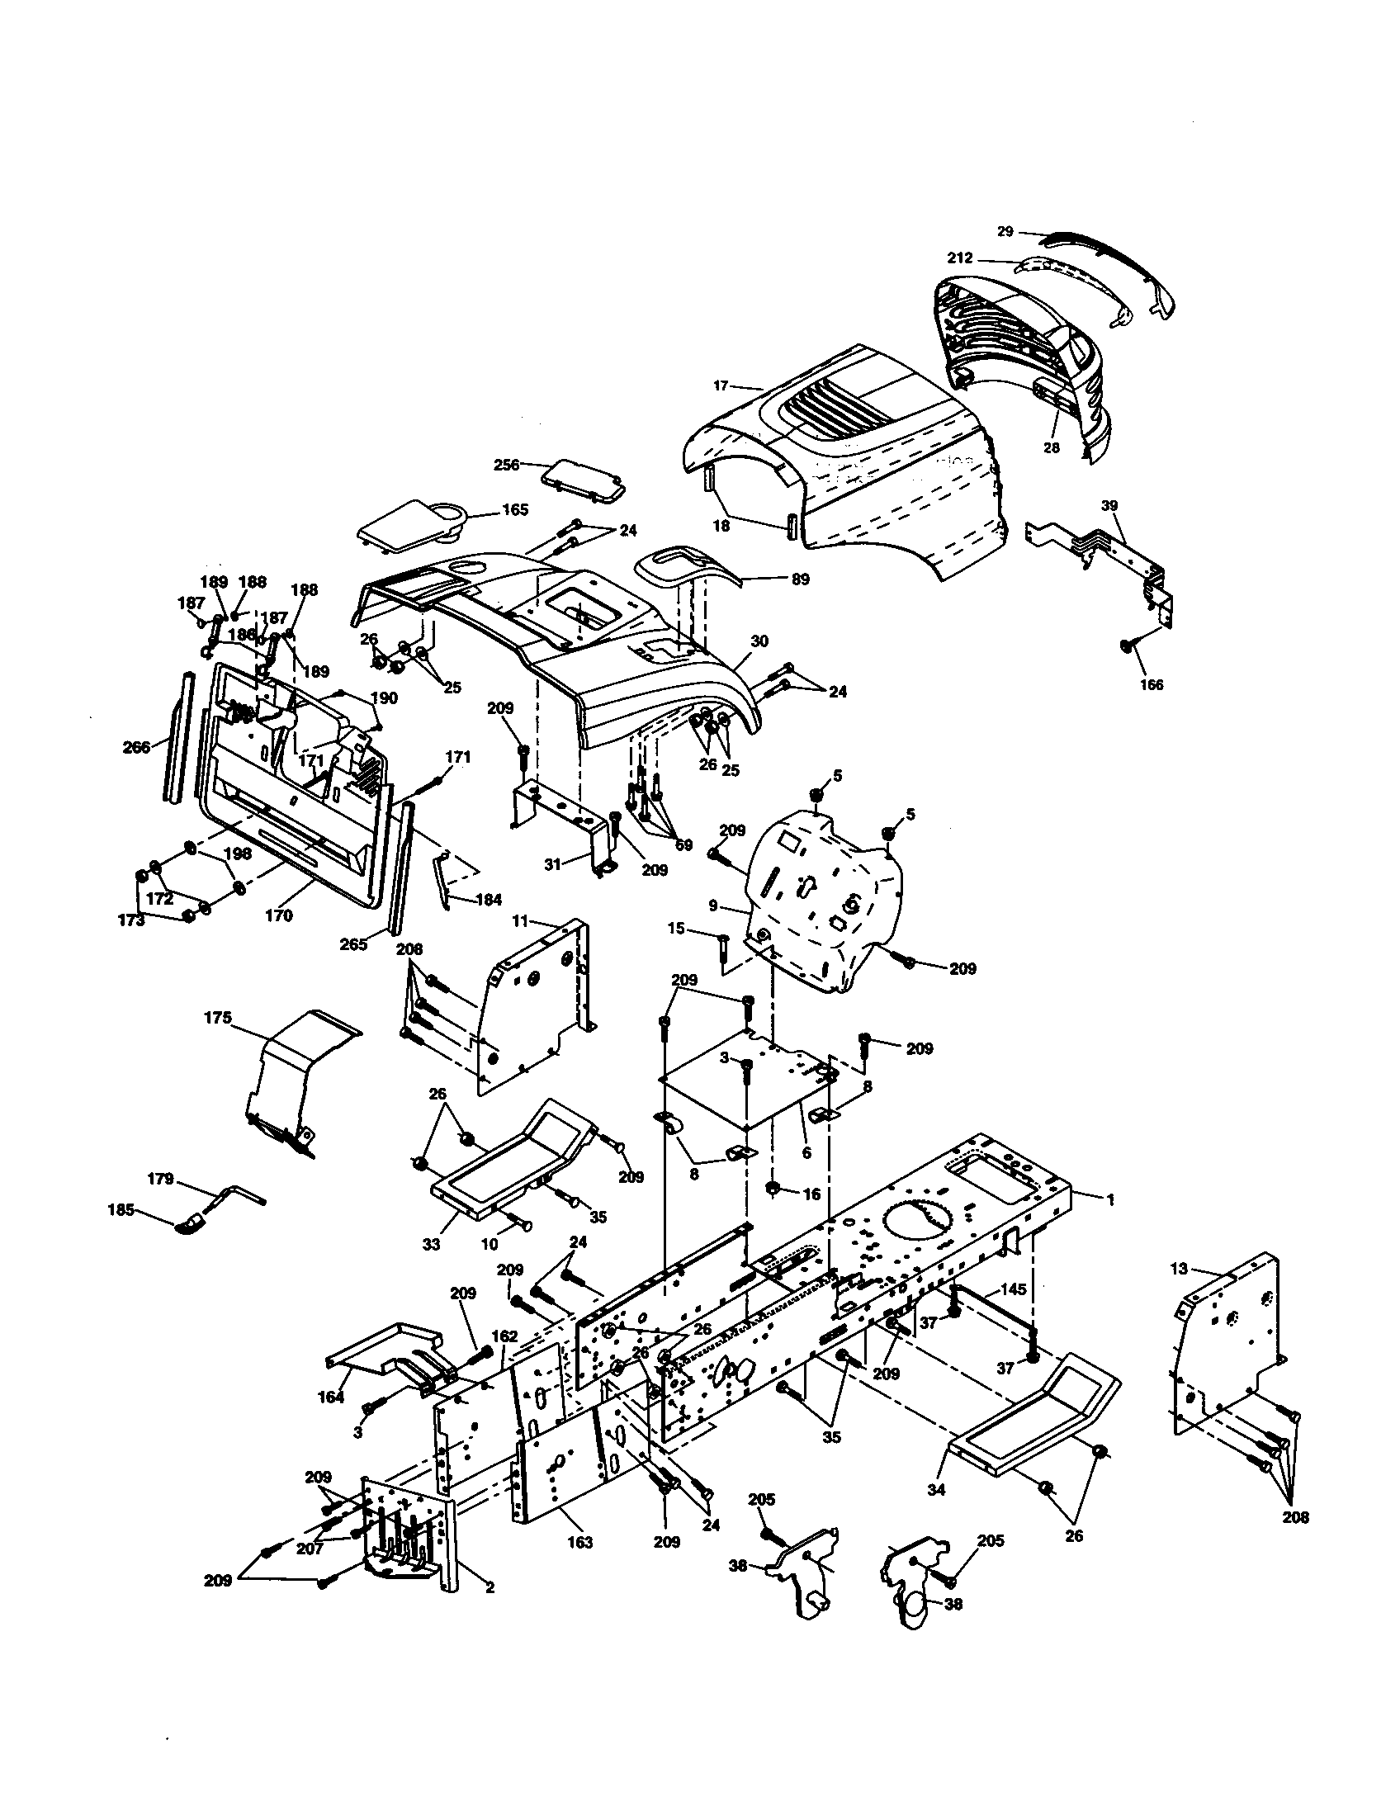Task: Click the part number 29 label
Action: click(1005, 231)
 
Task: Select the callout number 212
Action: click(960, 258)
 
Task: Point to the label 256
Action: click(506, 465)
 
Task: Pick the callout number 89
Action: click(800, 579)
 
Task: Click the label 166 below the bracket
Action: click(1152, 685)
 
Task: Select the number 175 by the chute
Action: click(217, 1018)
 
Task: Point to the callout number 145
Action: click(1013, 1289)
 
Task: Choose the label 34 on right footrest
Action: click(936, 1490)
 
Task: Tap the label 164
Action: click(331, 1397)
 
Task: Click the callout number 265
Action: click(353, 944)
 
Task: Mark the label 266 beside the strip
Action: click(136, 747)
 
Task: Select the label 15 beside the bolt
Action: click(677, 928)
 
